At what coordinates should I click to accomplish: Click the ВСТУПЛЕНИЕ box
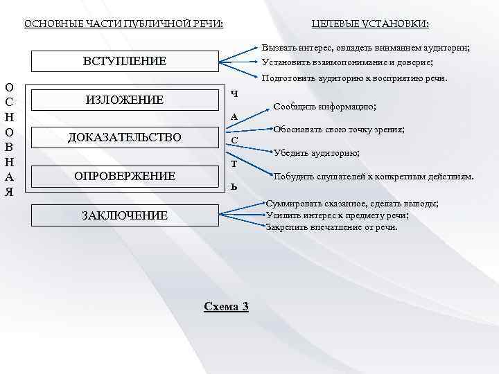click(125, 61)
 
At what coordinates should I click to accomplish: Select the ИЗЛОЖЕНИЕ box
click(125, 100)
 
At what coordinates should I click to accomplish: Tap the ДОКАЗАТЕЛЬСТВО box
click(125, 138)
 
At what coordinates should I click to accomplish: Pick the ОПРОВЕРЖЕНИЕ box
click(125, 176)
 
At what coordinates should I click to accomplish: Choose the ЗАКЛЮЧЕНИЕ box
click(125, 215)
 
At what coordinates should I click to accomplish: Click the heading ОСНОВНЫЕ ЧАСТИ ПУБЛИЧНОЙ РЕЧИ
click(124, 24)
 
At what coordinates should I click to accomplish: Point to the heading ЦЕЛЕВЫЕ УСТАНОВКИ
click(370, 24)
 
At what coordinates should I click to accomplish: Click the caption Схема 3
click(226, 306)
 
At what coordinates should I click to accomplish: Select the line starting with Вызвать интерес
click(367, 48)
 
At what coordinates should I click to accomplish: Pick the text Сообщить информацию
click(325, 107)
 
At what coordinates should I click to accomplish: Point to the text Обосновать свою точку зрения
click(339, 130)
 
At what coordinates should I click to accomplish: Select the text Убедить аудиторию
click(317, 152)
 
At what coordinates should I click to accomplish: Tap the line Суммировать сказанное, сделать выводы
click(352, 204)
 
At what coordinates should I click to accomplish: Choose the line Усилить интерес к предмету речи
click(337, 215)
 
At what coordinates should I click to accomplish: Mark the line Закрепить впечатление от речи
click(332, 226)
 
